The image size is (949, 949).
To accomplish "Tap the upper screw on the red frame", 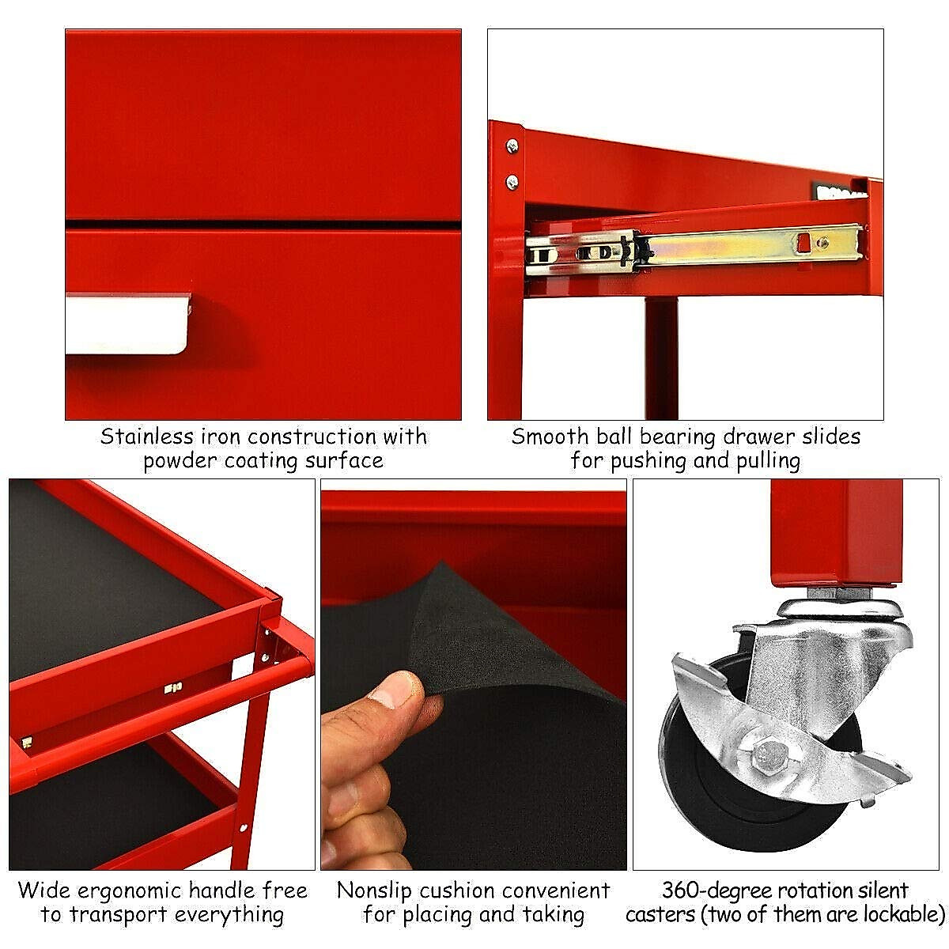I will click(512, 146).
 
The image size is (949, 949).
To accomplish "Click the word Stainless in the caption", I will click(146, 437).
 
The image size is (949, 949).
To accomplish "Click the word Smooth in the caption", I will click(550, 437).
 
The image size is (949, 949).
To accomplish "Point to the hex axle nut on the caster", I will click(766, 758).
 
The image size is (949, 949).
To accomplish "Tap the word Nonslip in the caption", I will click(374, 890).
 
